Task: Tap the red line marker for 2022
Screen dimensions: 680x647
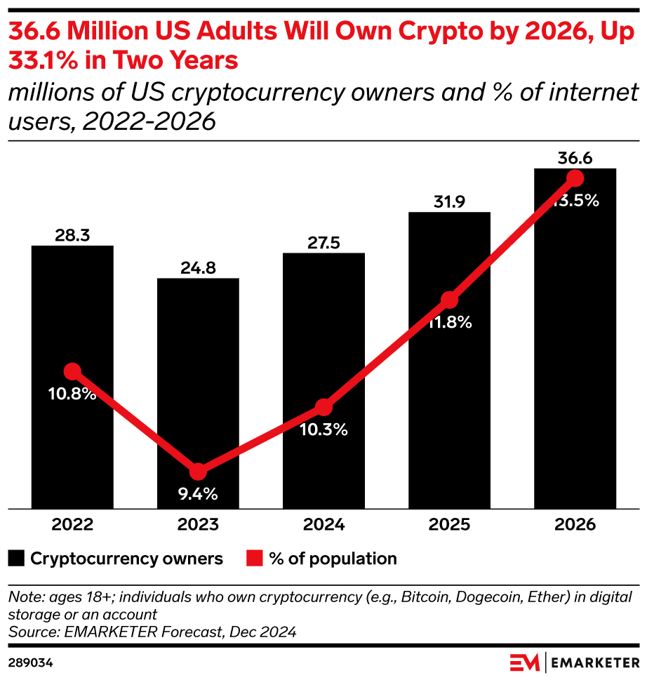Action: (72, 371)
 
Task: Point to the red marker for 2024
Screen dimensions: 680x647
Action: (323, 407)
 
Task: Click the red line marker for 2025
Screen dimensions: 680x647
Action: (449, 300)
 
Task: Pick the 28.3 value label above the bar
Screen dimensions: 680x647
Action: (72, 235)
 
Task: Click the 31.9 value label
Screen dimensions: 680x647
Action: (449, 201)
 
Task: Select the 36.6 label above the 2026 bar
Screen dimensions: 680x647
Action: (575, 158)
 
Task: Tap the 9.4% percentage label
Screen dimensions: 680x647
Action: (198, 494)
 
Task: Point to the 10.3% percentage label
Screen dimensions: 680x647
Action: (323, 430)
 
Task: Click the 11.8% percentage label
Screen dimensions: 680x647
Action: (450, 324)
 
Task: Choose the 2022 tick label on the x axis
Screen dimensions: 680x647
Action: (72, 525)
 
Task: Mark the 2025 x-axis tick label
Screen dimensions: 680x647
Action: (449, 525)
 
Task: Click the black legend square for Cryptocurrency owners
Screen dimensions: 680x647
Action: (16, 559)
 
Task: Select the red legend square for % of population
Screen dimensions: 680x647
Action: (254, 559)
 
